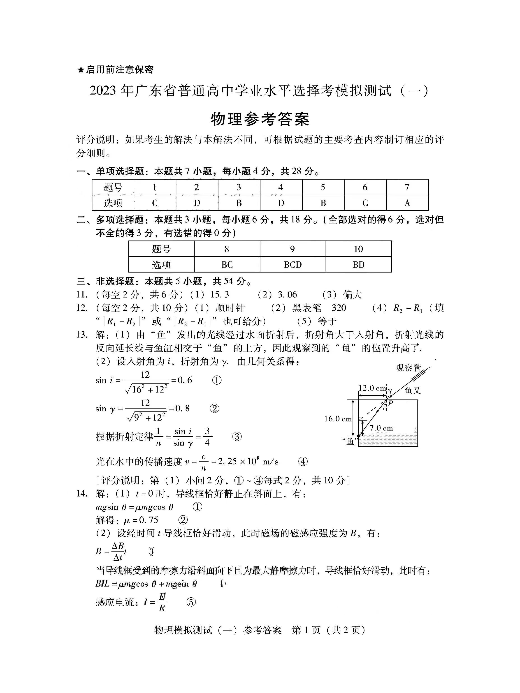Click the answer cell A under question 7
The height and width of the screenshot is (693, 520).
click(407, 203)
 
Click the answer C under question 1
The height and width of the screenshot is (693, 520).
click(155, 203)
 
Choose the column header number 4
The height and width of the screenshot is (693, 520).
click(281, 187)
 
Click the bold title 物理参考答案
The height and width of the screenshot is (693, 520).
click(260, 119)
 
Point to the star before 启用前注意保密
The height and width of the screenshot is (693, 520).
click(81, 69)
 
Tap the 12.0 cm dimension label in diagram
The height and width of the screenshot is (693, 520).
click(372, 388)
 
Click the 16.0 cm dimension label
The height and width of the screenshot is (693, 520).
click(338, 419)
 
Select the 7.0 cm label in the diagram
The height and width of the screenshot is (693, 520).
click(381, 428)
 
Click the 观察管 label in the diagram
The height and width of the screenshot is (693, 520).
click(408, 368)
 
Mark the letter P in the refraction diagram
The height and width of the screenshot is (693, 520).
click(390, 404)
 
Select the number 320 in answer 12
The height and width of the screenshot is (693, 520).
click(339, 308)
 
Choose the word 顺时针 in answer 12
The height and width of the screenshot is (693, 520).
click(230, 308)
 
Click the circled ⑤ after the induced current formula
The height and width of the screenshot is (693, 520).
click(191, 602)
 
